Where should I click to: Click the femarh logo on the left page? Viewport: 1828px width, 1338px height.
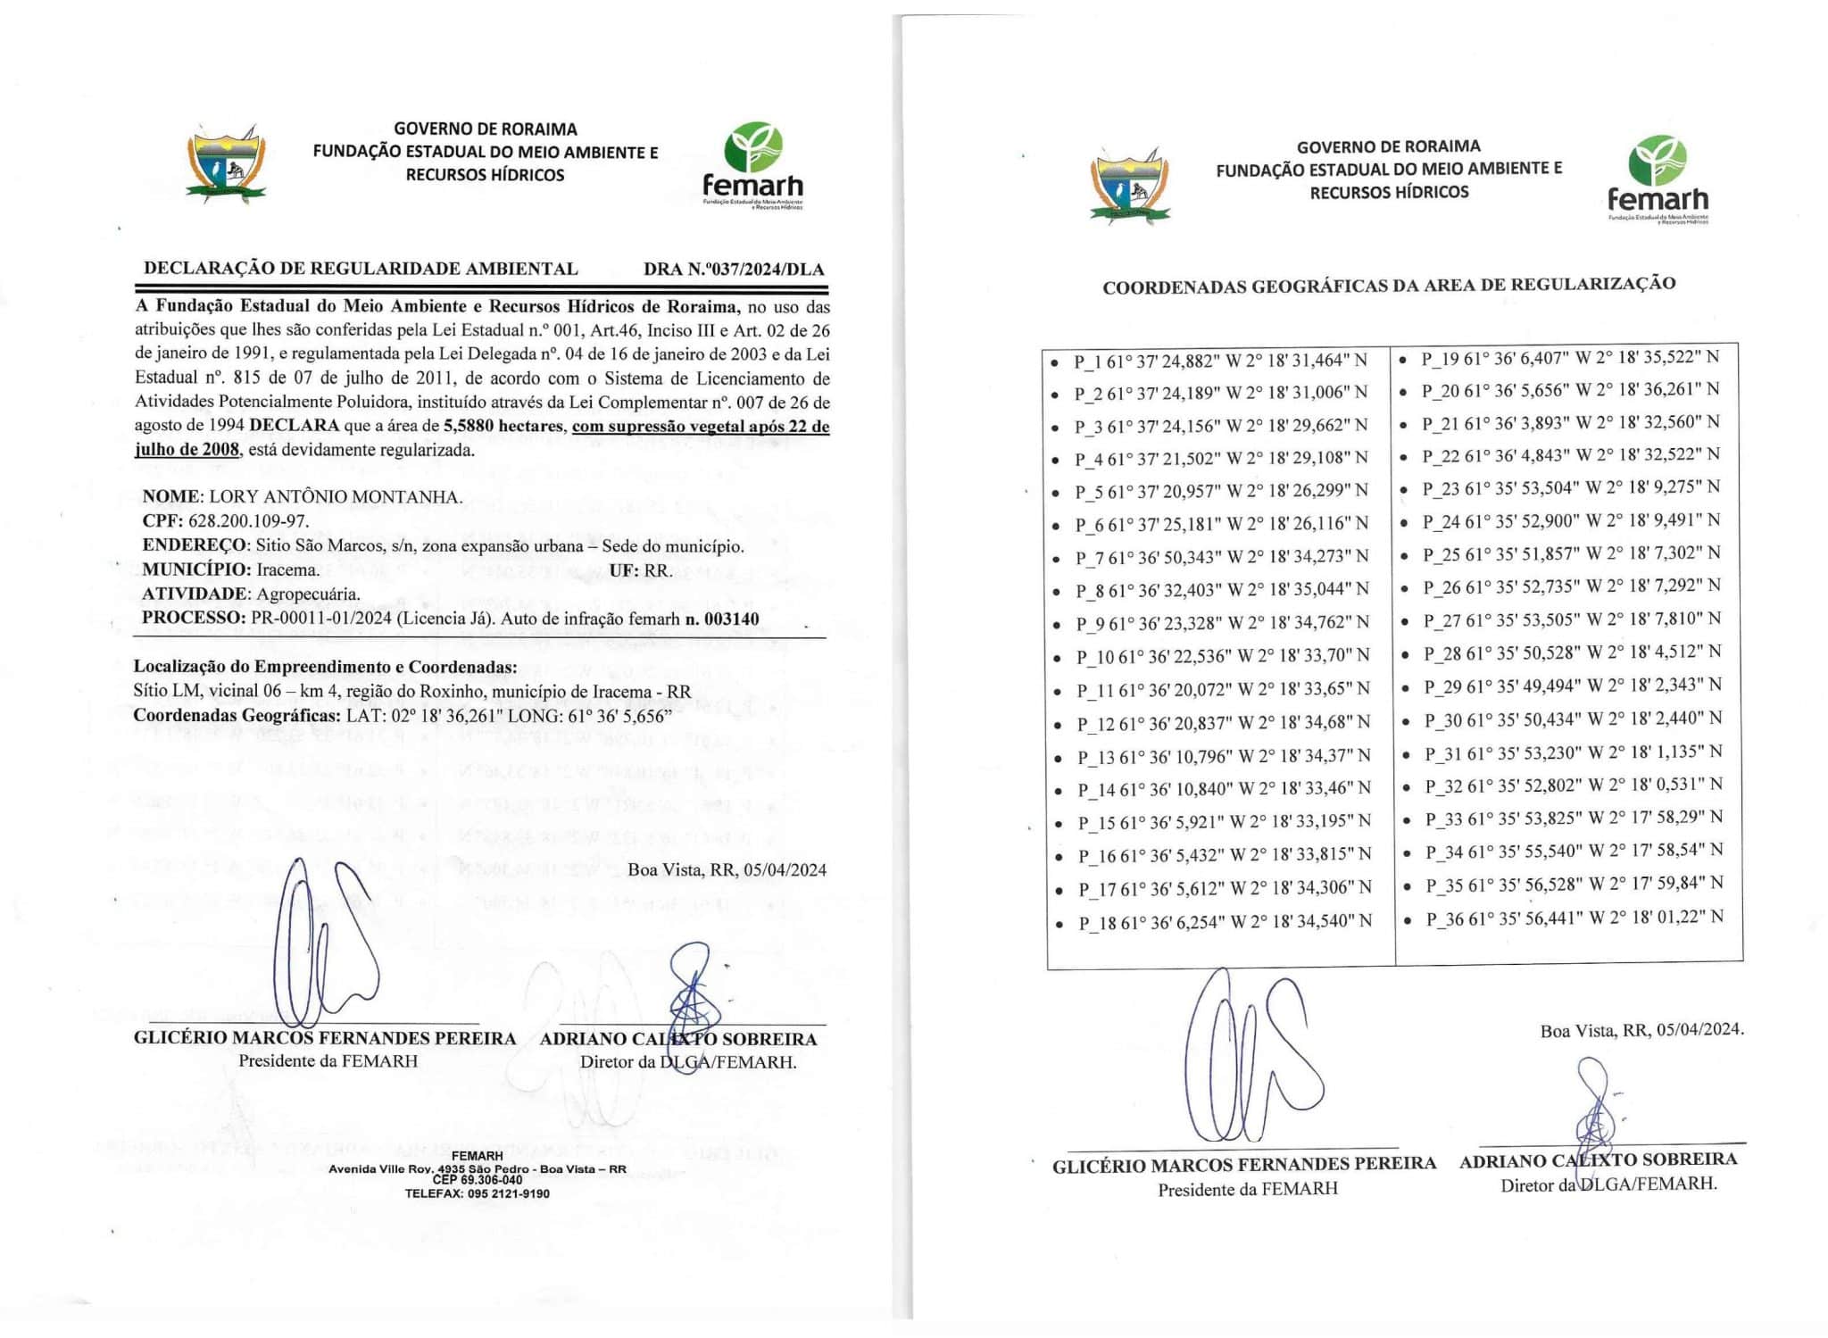tap(753, 166)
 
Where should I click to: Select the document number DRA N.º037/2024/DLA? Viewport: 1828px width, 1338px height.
tap(734, 269)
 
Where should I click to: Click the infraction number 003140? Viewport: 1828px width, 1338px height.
tap(729, 619)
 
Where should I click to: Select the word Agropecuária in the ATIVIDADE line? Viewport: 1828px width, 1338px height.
tap(309, 594)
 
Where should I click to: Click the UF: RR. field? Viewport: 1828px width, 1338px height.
tap(641, 570)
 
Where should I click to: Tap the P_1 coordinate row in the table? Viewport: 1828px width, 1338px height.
tap(1220, 361)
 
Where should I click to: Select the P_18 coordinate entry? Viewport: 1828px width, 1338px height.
tap(1225, 922)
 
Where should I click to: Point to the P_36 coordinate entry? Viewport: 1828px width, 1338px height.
tap(1575, 918)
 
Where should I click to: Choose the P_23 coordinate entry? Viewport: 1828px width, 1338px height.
tap(1571, 487)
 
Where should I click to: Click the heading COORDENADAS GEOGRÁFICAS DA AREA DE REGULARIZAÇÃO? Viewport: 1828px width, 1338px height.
tap(1389, 286)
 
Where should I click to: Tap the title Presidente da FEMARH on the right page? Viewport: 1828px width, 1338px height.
tap(1248, 1189)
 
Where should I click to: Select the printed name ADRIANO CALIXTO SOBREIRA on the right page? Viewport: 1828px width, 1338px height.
tap(1598, 1159)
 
